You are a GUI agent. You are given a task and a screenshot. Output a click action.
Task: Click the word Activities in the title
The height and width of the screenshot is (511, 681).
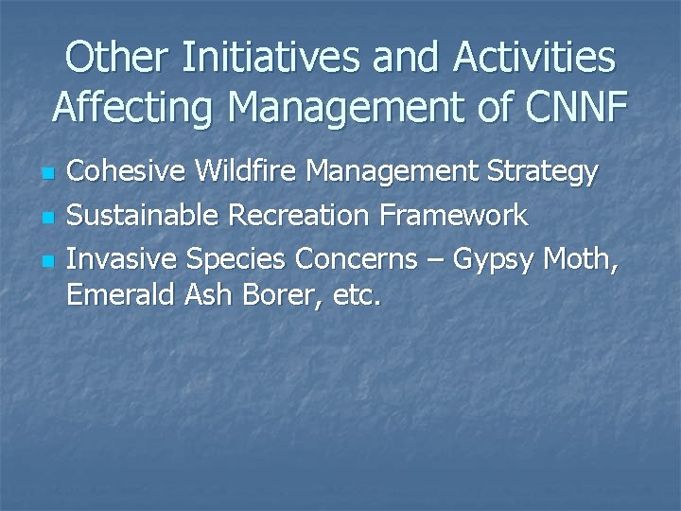coord(534,58)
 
